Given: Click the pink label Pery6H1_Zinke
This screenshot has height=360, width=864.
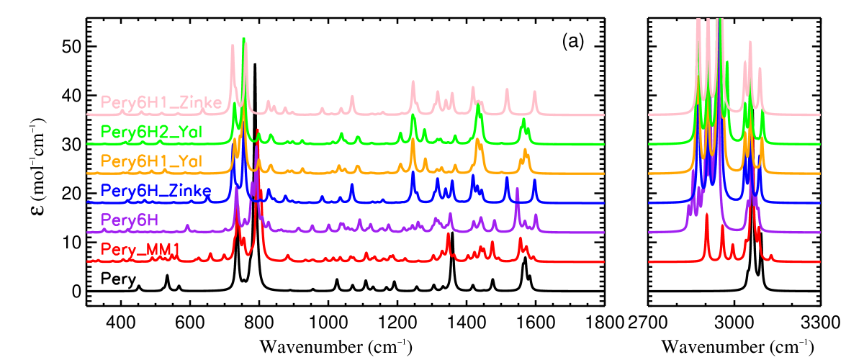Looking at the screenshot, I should [x=161, y=102].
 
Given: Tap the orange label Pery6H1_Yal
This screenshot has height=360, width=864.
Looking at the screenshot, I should [x=152, y=161].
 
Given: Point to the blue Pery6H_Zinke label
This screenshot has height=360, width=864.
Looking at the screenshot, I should [x=156, y=191].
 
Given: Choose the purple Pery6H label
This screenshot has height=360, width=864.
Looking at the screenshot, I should [x=130, y=220].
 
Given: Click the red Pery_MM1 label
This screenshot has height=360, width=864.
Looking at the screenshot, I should [x=140, y=250].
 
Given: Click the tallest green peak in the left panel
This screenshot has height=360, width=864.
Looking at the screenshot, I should [x=244, y=40].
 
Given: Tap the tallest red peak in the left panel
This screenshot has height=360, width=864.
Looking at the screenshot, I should [x=257, y=131].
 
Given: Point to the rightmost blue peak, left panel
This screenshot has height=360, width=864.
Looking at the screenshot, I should [x=534, y=180].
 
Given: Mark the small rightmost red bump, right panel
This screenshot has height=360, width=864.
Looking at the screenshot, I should [x=771, y=255].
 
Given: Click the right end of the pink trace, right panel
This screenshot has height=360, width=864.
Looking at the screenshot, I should [x=819, y=114].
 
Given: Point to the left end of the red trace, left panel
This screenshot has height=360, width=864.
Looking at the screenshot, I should [x=88, y=261].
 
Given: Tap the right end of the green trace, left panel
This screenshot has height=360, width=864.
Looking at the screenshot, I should [x=603, y=144].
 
